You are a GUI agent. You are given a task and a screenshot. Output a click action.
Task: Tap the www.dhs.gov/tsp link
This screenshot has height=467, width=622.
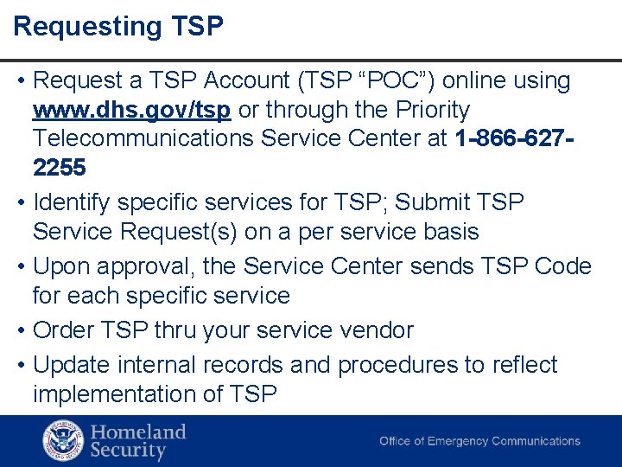(131, 111)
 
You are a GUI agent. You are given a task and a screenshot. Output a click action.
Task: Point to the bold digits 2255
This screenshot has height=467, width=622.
(60, 167)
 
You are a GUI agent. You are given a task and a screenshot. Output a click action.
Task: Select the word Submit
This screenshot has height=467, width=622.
(436, 202)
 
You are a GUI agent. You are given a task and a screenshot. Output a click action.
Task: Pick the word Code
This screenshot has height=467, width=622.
(562, 266)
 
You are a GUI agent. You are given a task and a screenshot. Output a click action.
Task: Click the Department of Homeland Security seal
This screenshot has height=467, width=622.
(63, 441)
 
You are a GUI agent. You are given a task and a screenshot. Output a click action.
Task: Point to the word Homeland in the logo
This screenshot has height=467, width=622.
(138, 432)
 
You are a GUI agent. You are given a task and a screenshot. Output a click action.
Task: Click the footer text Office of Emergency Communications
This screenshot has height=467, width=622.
(479, 441)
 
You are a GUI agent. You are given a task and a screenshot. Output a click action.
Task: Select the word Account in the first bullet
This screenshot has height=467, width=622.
(250, 81)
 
